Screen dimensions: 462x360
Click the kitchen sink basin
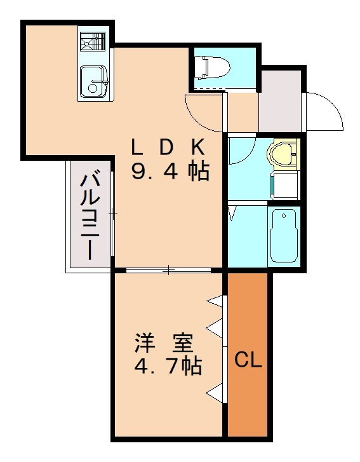tap(94, 81)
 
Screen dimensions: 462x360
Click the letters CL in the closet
tap(248, 360)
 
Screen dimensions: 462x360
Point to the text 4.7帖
tap(168, 366)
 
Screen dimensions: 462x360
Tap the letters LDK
tap(168, 147)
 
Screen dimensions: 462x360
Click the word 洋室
tap(163, 343)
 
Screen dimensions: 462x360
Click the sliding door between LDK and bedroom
tap(168, 271)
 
